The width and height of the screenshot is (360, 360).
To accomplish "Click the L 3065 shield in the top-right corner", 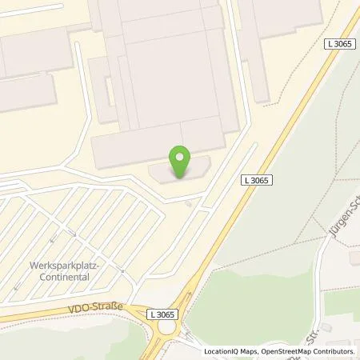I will coord(340,45).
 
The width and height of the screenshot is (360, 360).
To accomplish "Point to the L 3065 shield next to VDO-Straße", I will coord(162,316).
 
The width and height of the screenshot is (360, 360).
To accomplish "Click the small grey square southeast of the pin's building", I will coord(189,203).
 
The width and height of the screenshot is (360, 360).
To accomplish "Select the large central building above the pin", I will coord(164,72).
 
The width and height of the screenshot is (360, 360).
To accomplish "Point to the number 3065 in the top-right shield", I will coord(344,45).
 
